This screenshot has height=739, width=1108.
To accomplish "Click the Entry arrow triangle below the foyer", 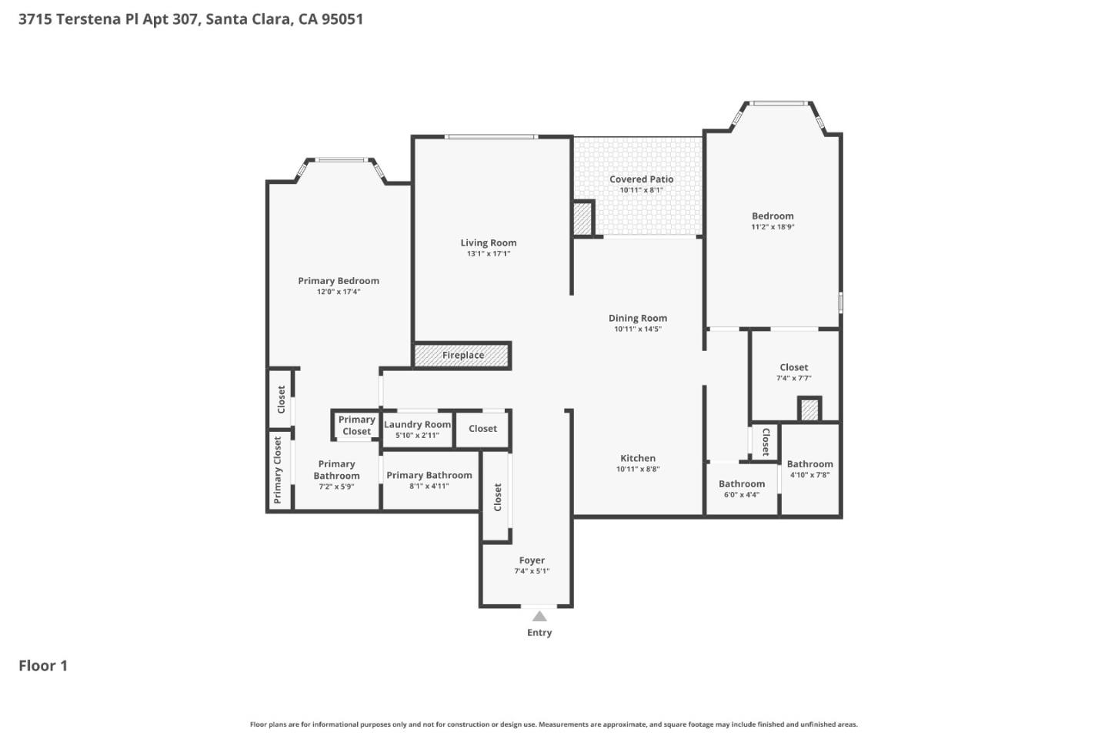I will [539, 616].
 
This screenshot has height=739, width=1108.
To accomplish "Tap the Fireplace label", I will [462, 356].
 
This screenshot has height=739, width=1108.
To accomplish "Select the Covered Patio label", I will [641, 179].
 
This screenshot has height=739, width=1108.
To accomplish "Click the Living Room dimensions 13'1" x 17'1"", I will [488, 254].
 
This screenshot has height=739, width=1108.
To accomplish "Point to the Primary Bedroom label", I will [339, 281].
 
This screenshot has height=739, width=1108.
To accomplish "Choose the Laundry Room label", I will [417, 424].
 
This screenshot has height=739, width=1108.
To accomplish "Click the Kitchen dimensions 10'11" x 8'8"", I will [638, 470].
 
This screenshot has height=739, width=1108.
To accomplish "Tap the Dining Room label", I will [638, 318].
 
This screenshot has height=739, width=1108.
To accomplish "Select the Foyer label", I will [532, 560].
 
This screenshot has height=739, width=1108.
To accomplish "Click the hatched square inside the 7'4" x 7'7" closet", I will [809, 410].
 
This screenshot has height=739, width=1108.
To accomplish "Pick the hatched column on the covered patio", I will [583, 218].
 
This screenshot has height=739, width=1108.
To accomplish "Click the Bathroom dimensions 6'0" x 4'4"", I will [741, 495].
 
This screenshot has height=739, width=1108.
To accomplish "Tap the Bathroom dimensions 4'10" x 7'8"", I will [809, 475].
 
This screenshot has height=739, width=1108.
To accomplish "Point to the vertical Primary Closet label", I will [278, 470].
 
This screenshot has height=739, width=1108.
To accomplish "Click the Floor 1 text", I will [43, 666].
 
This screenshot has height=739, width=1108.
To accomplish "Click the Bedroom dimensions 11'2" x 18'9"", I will [773, 227].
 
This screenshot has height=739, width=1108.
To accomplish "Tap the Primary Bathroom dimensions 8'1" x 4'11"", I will [429, 487].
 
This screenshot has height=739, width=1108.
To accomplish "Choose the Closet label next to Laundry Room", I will [482, 429].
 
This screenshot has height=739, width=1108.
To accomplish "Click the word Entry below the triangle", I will [539, 633].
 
